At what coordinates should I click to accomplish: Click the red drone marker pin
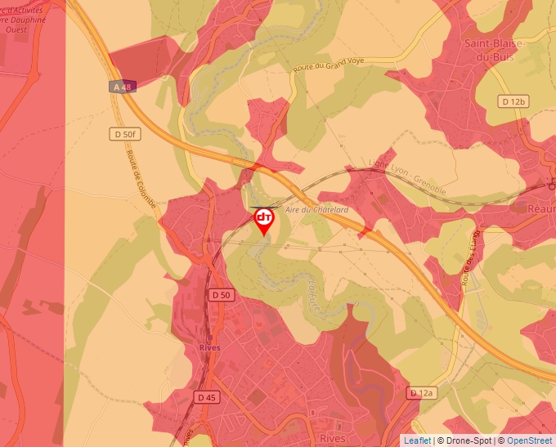point(264,220)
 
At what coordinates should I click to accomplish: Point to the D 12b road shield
point(514,101)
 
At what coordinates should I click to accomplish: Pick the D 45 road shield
point(207,397)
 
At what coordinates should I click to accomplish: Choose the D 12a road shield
point(421,393)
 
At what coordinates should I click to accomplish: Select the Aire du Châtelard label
point(317,210)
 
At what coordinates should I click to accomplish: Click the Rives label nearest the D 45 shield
point(209,347)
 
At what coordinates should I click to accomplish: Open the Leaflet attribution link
point(417,440)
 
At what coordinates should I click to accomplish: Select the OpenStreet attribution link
point(531,440)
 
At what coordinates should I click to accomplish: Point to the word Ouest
point(16,29)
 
